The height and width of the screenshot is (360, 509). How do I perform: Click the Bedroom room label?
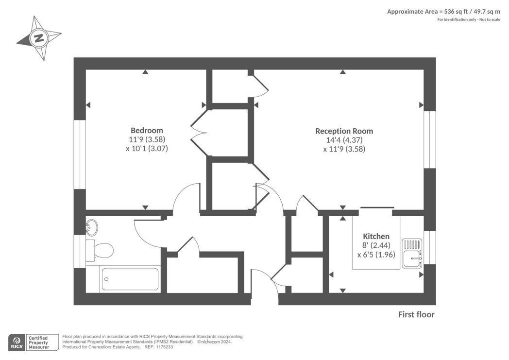[147, 131]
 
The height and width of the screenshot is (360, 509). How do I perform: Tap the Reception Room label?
[344, 131]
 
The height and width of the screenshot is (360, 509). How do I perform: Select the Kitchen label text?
[376, 236]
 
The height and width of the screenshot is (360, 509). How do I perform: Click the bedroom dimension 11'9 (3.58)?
[147, 139]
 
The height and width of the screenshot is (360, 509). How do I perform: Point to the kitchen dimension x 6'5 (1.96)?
[376, 255]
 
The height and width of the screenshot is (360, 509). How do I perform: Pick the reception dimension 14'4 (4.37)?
[344, 140]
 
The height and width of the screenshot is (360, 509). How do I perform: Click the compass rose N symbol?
[39, 38]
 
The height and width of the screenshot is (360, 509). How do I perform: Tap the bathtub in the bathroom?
[130, 279]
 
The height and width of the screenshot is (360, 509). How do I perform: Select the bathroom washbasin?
[91, 227]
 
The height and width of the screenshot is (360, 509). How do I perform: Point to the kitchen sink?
[412, 254]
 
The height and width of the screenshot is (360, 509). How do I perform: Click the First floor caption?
[416, 314]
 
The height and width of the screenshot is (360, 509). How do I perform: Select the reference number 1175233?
[164, 347]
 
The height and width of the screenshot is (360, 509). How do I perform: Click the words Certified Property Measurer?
[39, 343]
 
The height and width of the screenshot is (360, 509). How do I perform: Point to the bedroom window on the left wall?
[80, 154]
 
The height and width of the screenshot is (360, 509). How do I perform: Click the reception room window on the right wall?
[430, 139]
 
